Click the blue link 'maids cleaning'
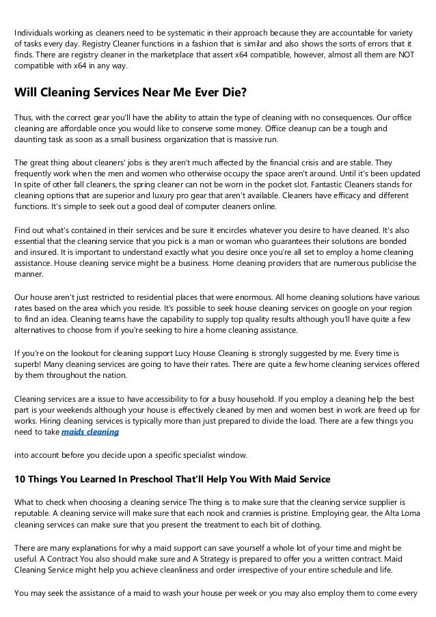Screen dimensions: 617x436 coord(90,432)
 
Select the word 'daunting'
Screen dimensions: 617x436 coord(31,139)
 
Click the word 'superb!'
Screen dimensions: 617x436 coord(30,365)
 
